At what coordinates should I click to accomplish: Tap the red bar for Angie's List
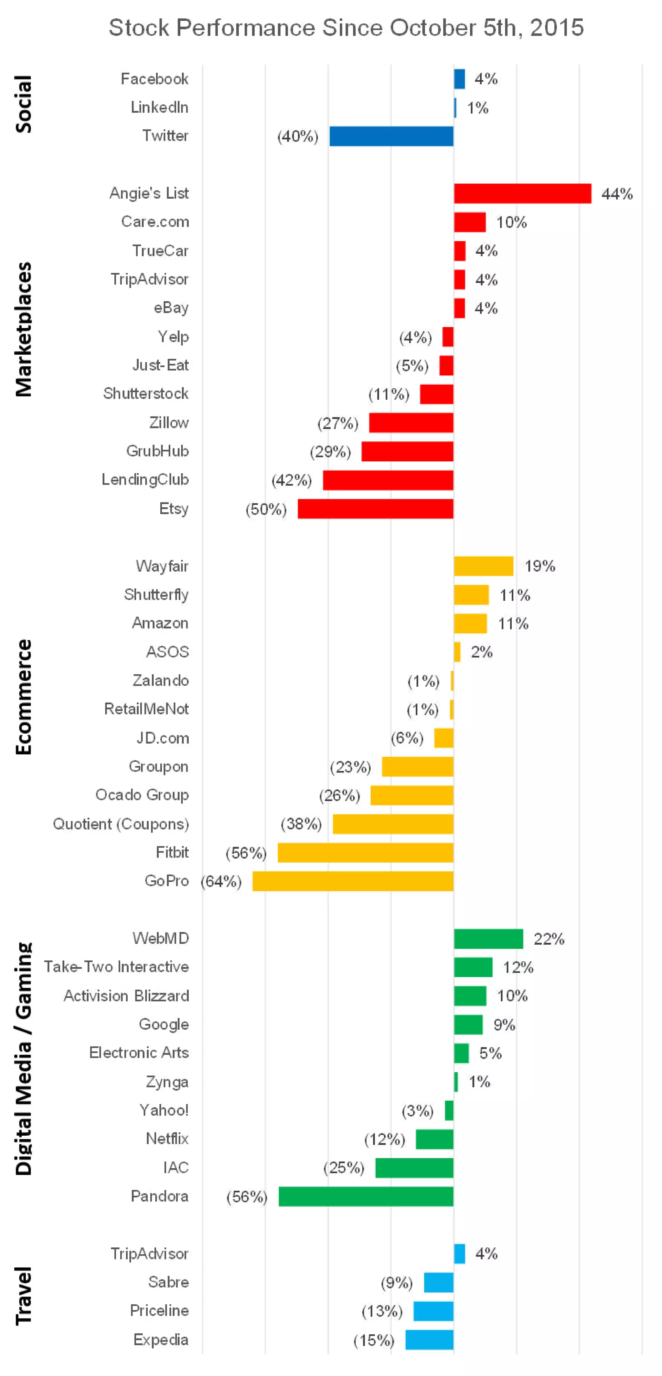(522, 194)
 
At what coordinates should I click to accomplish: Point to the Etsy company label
(174, 509)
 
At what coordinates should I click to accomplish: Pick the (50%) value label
(266, 509)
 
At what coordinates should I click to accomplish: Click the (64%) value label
(221, 881)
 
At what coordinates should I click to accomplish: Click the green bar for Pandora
(366, 1196)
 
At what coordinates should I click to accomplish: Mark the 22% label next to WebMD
(549, 939)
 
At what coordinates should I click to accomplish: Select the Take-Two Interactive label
(116, 967)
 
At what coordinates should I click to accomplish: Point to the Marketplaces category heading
(24, 330)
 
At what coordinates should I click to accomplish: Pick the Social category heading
(24, 104)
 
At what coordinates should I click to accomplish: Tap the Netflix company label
(167, 1139)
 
